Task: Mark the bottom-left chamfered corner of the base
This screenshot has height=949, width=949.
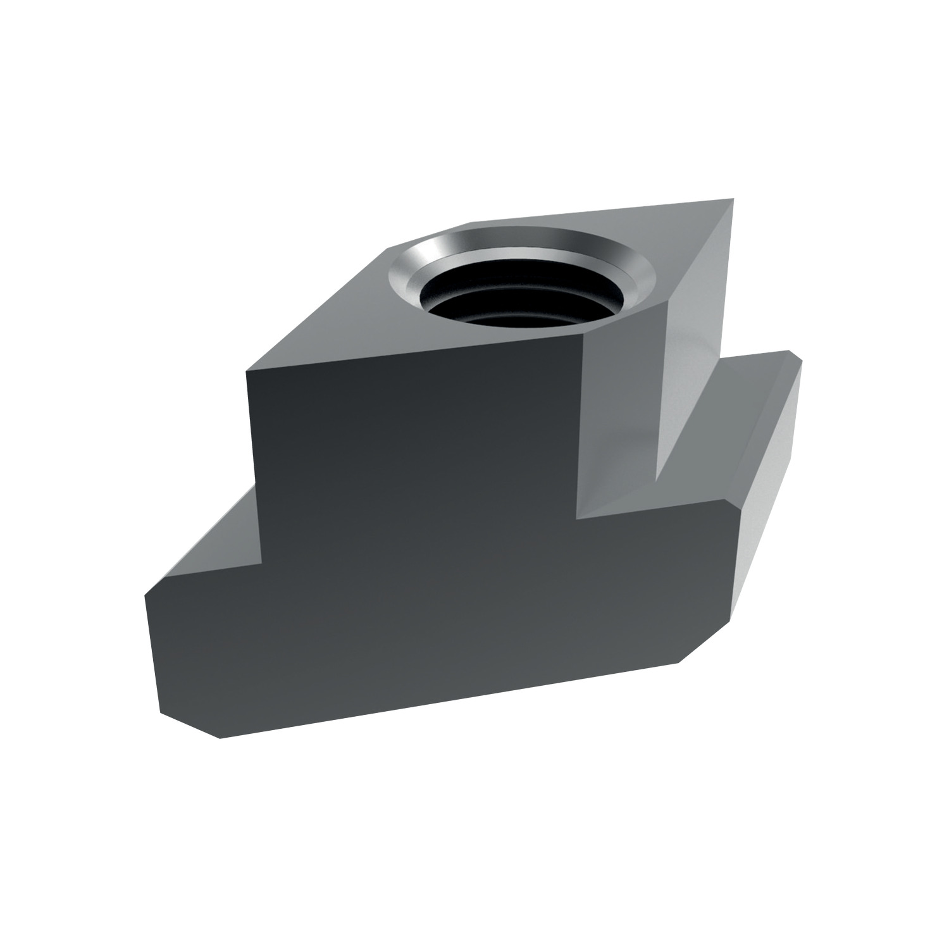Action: (x=190, y=724)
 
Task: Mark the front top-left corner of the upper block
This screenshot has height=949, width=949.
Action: (x=247, y=372)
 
